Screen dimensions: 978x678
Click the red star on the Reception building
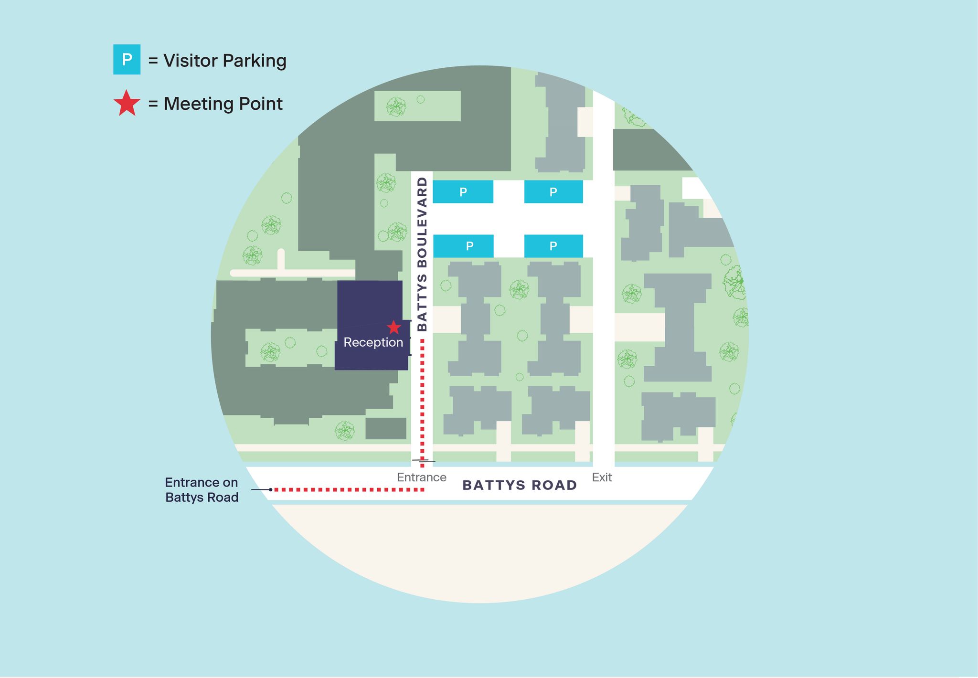[x=393, y=328]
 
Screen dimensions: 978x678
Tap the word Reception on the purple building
[x=373, y=342]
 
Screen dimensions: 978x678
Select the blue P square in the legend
[x=127, y=60]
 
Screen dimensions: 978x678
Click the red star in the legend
[x=127, y=104]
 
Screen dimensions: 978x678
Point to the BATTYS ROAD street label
[x=520, y=486]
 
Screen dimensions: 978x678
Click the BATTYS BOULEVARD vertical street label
[x=422, y=254]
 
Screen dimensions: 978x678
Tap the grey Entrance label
[x=421, y=477]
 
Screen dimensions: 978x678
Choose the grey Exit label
[x=602, y=477]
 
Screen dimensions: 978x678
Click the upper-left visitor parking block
[x=463, y=192]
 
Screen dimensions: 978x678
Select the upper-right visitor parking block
[x=553, y=192]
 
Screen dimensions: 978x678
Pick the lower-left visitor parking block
[x=463, y=246]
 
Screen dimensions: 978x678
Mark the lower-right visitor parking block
[x=553, y=246]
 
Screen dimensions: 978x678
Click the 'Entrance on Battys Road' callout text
[x=202, y=490]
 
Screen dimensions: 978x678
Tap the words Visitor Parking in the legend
[x=224, y=61]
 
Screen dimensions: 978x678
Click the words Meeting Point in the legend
[x=223, y=104]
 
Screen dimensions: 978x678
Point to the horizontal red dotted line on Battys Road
[x=349, y=490]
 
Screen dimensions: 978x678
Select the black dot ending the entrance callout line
[x=270, y=490]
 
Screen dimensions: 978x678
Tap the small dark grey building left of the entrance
[x=386, y=428]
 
